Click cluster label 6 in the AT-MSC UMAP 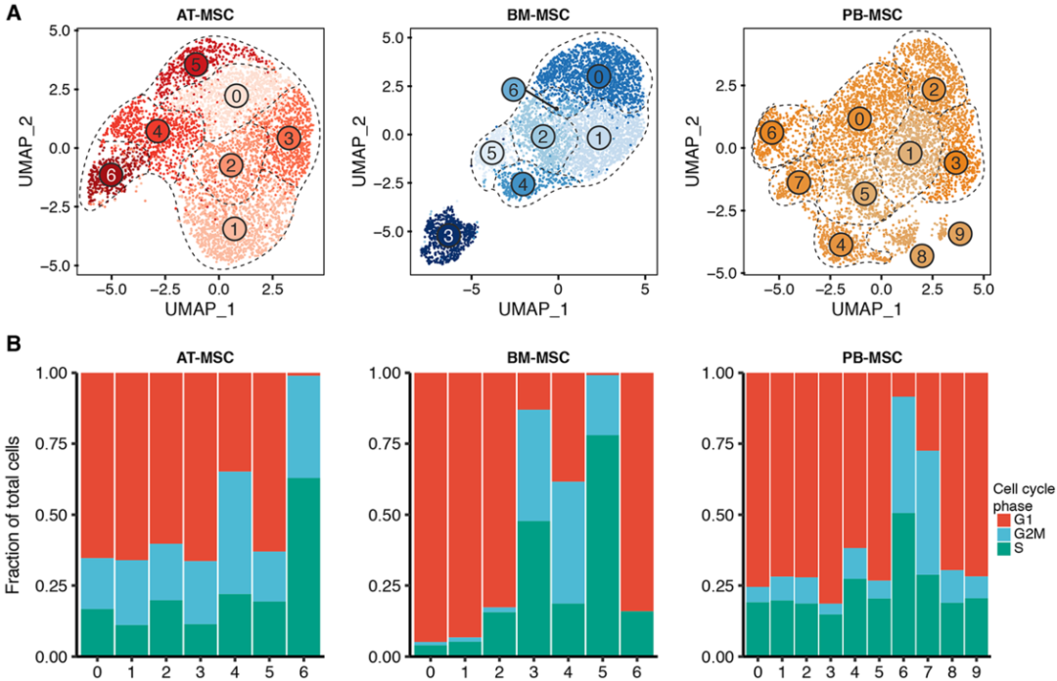112,174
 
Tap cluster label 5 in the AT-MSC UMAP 197,65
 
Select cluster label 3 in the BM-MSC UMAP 447,237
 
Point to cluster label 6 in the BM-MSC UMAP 512,90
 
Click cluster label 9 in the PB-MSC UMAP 961,233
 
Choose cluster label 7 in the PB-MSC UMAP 800,182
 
